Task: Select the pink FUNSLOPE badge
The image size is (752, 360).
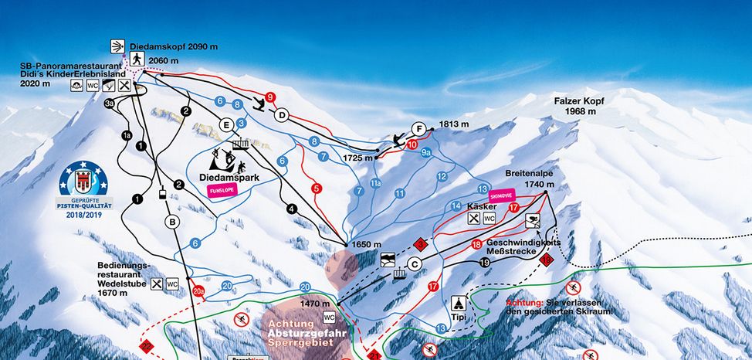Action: (x=223, y=193)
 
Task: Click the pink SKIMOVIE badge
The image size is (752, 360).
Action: (x=501, y=196)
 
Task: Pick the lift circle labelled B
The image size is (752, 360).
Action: (x=172, y=222)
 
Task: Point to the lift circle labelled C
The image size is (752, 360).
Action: (x=415, y=264)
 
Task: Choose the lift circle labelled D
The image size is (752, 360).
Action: (x=282, y=115)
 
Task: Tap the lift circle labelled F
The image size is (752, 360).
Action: (x=418, y=128)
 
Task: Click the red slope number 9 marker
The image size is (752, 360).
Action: (x=269, y=97)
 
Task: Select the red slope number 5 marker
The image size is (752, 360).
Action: (x=316, y=188)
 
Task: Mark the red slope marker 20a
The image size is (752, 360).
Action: (x=198, y=290)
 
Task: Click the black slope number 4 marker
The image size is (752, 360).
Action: (x=291, y=208)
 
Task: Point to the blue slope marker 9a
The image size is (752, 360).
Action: (x=425, y=153)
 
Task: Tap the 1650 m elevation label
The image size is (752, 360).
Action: (x=368, y=245)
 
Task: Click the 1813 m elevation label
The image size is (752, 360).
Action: (x=454, y=124)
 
